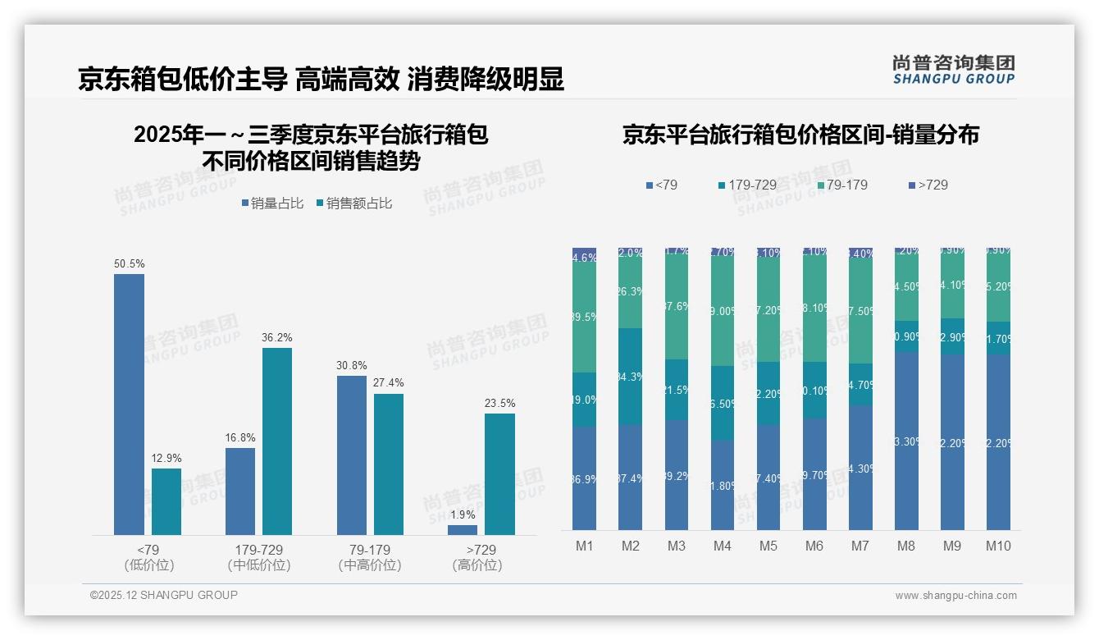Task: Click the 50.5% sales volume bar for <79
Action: click(129, 404)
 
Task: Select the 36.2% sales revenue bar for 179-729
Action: click(277, 441)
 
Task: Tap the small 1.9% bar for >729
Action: click(463, 530)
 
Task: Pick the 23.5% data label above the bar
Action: click(499, 403)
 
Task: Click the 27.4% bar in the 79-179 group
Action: click(389, 464)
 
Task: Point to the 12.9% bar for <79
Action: click(166, 501)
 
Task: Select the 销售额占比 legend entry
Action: click(353, 203)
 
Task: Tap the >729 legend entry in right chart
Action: click(928, 185)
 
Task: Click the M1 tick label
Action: click(584, 546)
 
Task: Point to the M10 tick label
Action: click(998, 546)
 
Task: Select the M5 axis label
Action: click(768, 546)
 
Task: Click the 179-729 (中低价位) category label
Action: click(259, 557)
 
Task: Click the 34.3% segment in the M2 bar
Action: click(630, 376)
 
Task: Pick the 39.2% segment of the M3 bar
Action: click(676, 474)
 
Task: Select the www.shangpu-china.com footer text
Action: click(955, 596)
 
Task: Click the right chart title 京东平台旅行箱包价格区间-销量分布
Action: click(800, 135)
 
